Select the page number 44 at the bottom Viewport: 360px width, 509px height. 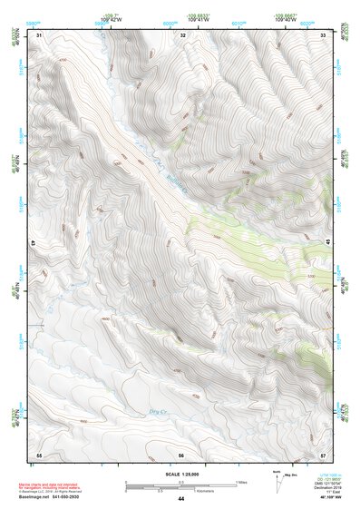[181, 499]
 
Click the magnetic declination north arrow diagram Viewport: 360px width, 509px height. [276, 480]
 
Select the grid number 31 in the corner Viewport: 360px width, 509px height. [39, 34]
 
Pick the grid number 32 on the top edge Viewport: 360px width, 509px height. [183, 34]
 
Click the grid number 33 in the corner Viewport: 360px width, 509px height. [324, 34]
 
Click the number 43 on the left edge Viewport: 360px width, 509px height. [34, 243]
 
